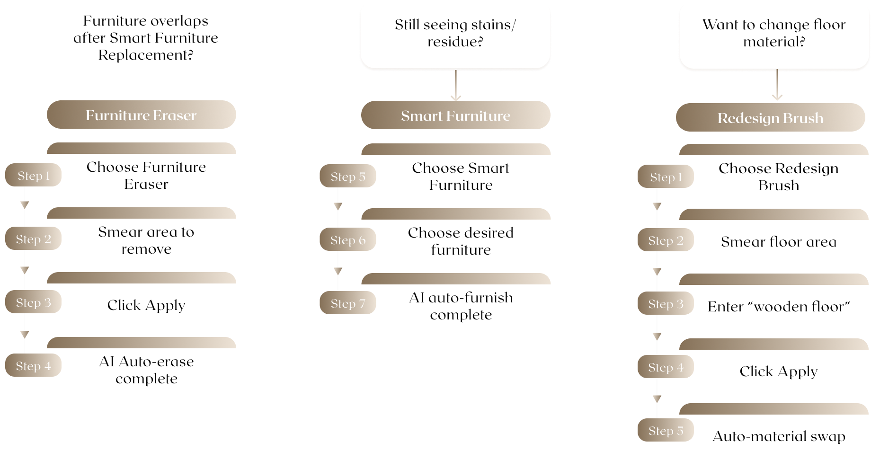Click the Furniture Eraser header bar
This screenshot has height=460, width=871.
(x=141, y=115)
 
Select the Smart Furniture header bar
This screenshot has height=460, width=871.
(x=455, y=115)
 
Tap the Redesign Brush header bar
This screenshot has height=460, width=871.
(x=770, y=118)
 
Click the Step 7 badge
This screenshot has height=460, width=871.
(x=347, y=303)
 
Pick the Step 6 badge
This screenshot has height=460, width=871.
(x=347, y=240)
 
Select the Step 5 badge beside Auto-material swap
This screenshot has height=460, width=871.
(x=665, y=431)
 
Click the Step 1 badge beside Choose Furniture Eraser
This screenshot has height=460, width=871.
(x=33, y=176)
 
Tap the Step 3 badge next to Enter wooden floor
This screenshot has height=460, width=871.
(x=665, y=304)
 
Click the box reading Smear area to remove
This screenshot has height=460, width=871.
(x=146, y=240)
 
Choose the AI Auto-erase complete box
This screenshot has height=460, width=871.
(x=146, y=370)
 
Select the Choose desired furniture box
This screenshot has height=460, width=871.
(x=460, y=241)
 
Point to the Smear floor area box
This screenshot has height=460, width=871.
(x=778, y=242)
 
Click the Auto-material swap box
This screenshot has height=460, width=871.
(x=778, y=436)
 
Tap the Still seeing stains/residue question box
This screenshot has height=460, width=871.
(x=455, y=33)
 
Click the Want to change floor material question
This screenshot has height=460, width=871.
(x=773, y=33)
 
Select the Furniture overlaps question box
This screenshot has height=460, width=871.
(x=145, y=37)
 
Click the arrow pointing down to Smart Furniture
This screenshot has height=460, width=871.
(x=455, y=86)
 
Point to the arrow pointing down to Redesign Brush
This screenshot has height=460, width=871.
(x=777, y=86)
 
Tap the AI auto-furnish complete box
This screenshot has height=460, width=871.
(x=460, y=306)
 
